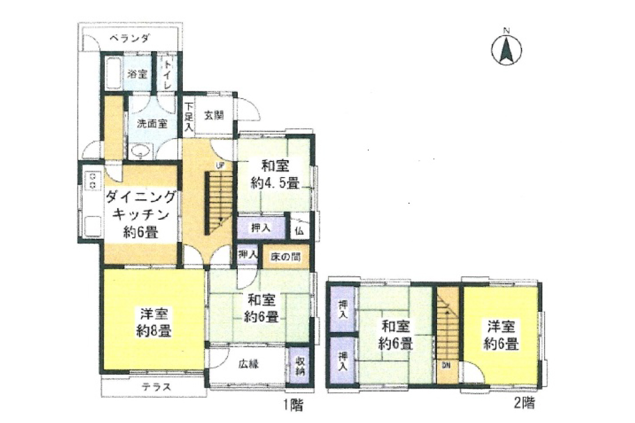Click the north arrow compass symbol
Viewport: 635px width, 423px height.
coord(506,48)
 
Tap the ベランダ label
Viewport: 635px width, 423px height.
coord(129,38)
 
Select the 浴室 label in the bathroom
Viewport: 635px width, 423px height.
coord(137,74)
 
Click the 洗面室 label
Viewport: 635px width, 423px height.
coord(152,123)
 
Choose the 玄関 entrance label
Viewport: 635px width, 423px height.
coord(214,115)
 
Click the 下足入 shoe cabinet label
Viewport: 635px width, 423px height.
coord(189,117)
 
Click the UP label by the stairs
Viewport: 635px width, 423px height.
coord(220,165)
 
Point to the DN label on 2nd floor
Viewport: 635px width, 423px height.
coord(446,365)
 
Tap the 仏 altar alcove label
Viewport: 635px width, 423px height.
coord(299,231)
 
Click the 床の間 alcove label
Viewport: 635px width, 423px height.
coord(285,256)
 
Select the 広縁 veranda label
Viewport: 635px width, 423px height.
coord(248,364)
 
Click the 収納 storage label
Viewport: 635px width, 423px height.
coord(300,366)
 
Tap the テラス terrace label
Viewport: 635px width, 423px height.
coord(156,387)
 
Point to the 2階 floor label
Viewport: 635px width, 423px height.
coord(524,403)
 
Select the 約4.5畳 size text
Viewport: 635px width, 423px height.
coord(276,184)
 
